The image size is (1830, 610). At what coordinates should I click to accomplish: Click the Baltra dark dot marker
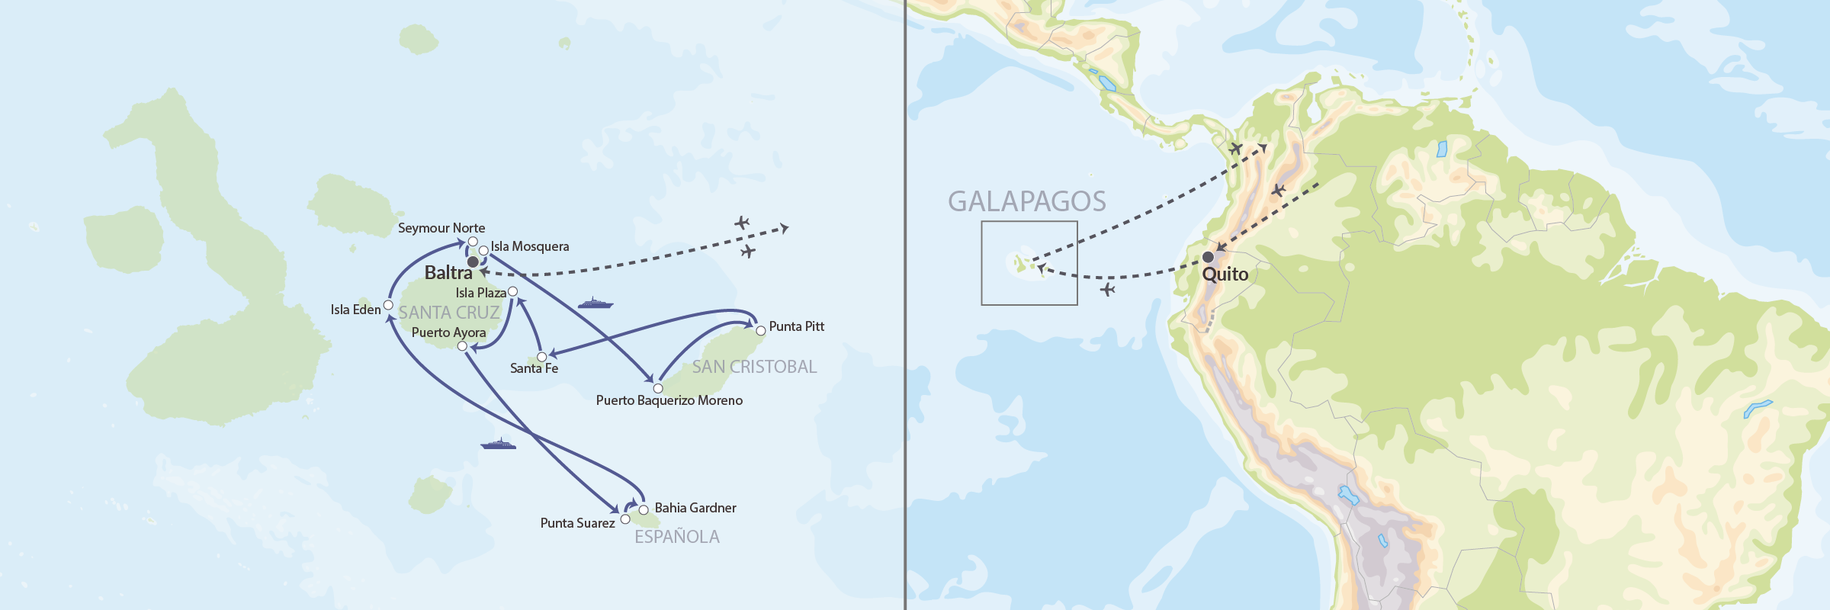coord(473,262)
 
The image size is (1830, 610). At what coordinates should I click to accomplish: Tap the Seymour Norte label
coord(441,228)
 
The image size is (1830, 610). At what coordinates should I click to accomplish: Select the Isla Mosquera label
coord(529,246)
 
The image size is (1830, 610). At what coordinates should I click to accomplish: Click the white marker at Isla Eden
coord(388,305)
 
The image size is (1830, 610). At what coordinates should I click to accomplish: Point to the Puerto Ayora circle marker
coord(462,346)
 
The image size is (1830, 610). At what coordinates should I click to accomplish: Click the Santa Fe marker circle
coord(542,357)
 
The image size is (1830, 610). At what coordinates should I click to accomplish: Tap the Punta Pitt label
coord(796,326)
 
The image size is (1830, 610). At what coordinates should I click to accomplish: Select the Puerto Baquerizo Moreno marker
coord(658,388)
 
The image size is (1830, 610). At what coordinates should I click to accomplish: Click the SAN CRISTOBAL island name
coord(753,367)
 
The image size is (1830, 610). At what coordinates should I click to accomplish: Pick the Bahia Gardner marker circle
coord(644,509)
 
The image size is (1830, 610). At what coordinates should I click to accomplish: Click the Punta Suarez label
coord(577,523)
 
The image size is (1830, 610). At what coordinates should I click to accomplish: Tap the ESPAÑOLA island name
coord(676,537)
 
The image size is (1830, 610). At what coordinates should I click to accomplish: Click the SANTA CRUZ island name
coord(448,313)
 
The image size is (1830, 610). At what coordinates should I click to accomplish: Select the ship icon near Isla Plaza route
coord(596,303)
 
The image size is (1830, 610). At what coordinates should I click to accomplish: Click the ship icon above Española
coord(498,444)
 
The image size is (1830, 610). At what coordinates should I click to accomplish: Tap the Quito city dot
coord(1208,257)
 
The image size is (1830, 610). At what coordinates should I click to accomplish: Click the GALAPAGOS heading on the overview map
coord(1026,201)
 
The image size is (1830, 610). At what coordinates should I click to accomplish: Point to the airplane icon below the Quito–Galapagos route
coord(1108,289)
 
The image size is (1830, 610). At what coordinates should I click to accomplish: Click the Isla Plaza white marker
coord(512,291)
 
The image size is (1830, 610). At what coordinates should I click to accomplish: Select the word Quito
coord(1225,274)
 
